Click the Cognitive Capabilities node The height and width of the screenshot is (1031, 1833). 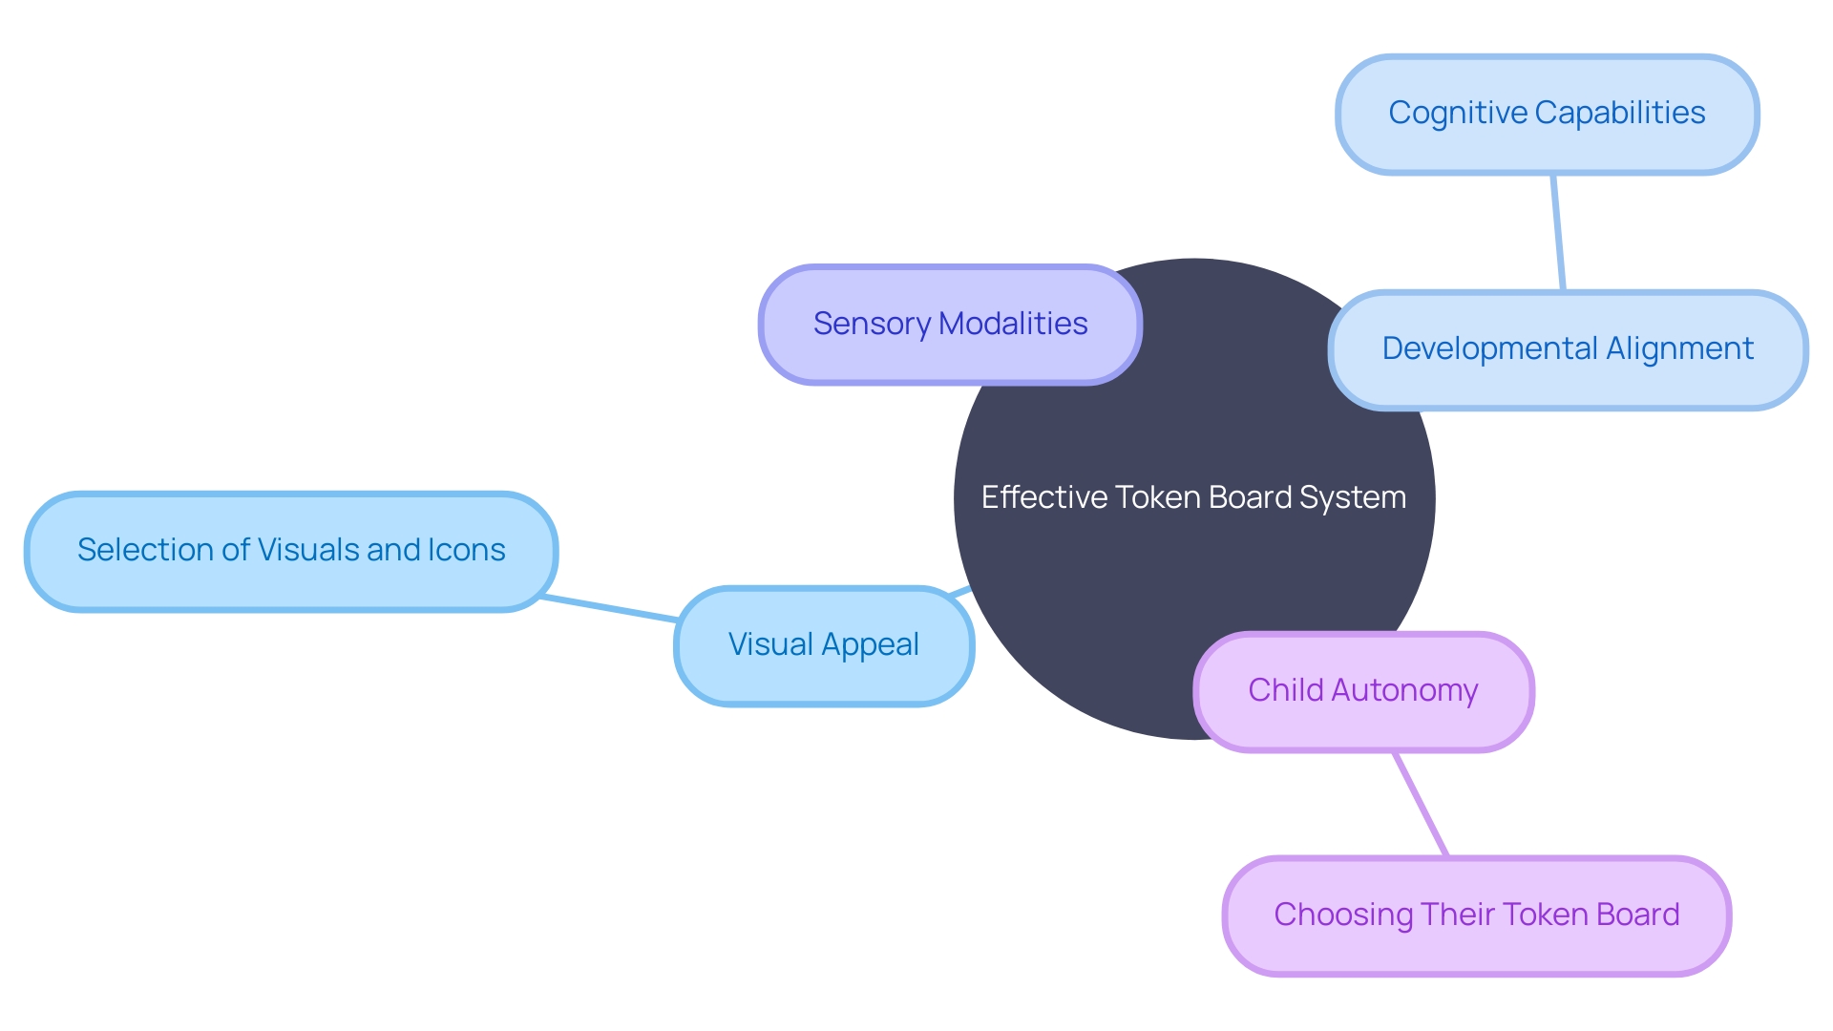1547,115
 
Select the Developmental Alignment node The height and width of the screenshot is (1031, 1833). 1568,350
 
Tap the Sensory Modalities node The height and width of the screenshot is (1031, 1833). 950,325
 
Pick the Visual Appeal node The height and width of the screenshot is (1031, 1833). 824,646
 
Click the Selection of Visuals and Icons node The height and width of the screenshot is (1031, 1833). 291,551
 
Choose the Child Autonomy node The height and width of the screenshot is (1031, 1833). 1363,691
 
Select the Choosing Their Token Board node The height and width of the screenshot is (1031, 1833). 1476,915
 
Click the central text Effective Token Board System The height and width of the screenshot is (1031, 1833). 1193,497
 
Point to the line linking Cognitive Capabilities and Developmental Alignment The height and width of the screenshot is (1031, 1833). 1558,232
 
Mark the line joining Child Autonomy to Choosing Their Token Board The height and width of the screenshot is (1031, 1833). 1421,803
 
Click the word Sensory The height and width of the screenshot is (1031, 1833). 871,325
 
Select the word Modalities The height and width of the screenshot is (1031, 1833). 1013,325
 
